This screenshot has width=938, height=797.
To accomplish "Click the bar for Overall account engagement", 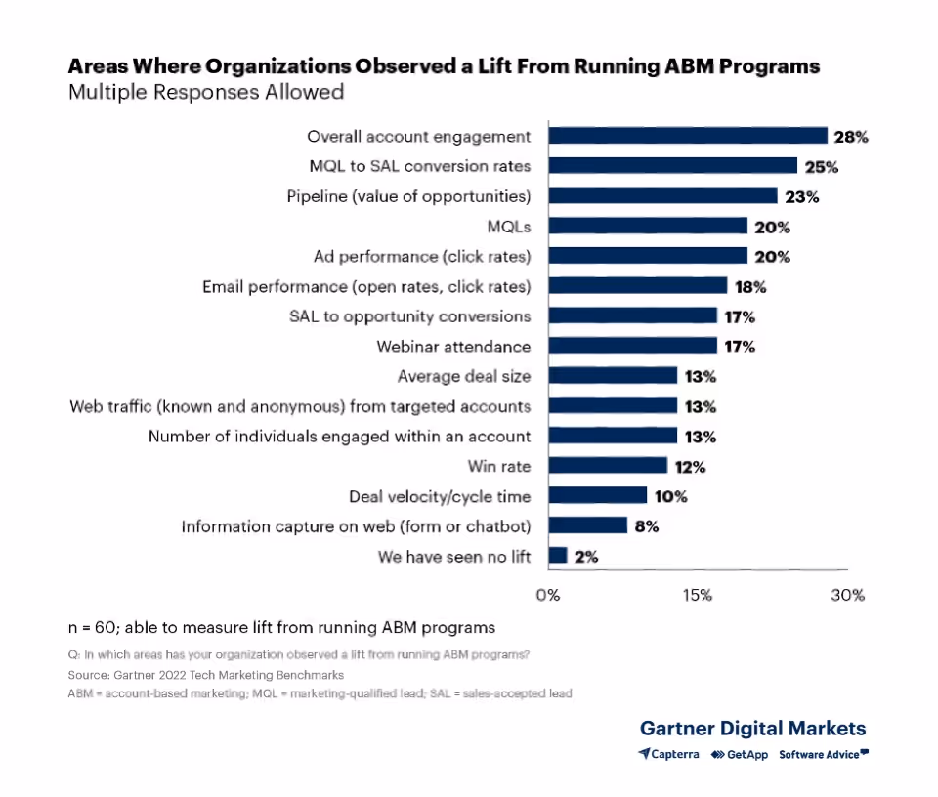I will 687,136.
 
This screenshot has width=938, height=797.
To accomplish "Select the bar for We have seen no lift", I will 557,556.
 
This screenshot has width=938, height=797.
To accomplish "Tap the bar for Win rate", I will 607,466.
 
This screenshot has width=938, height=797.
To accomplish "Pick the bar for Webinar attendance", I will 632,346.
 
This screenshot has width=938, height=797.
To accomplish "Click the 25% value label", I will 822,167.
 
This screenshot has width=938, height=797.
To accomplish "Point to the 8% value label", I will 647,526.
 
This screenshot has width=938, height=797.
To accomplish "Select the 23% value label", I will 801,196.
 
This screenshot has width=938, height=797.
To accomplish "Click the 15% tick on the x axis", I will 698,595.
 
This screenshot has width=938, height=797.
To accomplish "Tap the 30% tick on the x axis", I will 847,595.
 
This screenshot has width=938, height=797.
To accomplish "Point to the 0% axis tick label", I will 548,595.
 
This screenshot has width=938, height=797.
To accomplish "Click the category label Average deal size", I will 464,376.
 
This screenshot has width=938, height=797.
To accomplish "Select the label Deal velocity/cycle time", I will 440,496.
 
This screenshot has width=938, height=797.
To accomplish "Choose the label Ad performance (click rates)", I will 422,256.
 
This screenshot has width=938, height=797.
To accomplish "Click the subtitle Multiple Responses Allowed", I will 206,93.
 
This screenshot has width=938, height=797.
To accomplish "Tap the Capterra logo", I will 669,754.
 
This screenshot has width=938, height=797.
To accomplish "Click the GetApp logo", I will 739,754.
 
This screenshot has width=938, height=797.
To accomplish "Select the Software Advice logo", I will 823,754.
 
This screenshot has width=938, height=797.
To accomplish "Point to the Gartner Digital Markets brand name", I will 752,728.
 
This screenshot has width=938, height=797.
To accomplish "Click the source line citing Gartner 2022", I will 206,675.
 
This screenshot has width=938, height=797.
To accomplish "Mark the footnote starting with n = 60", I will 281,627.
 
